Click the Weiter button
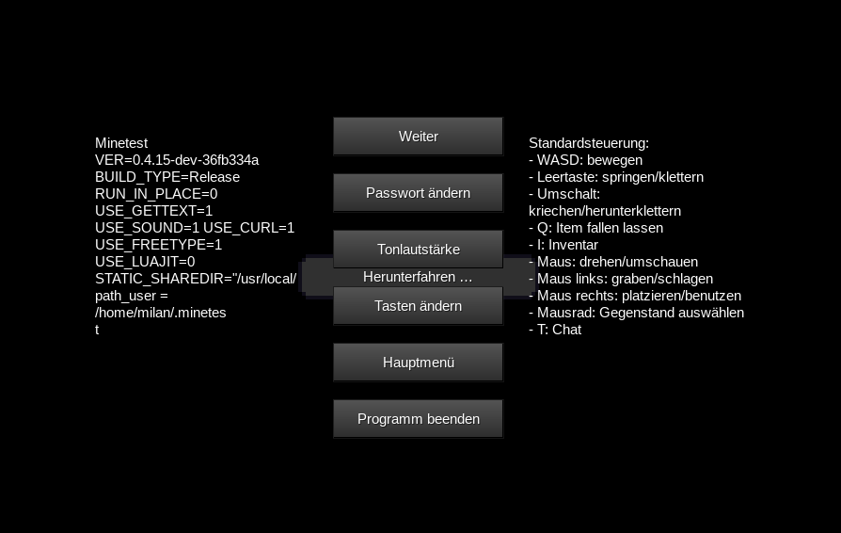[418, 137]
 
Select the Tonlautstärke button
[418, 250]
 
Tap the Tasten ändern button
[418, 307]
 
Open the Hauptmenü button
[418, 363]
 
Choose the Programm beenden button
[418, 419]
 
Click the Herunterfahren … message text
[418, 277]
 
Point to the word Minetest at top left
[121, 143]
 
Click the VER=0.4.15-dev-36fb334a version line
[177, 160]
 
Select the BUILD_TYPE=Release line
[167, 177]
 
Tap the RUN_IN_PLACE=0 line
[156, 194]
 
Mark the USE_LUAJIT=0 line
[145, 262]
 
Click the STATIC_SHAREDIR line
[196, 279]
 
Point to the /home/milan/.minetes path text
[160, 313]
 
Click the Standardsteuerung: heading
[589, 143]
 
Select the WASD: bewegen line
[586, 160]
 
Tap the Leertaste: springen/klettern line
[616, 177]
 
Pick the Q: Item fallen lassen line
[596, 228]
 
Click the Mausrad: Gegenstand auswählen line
[637, 313]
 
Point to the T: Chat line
[555, 330]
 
